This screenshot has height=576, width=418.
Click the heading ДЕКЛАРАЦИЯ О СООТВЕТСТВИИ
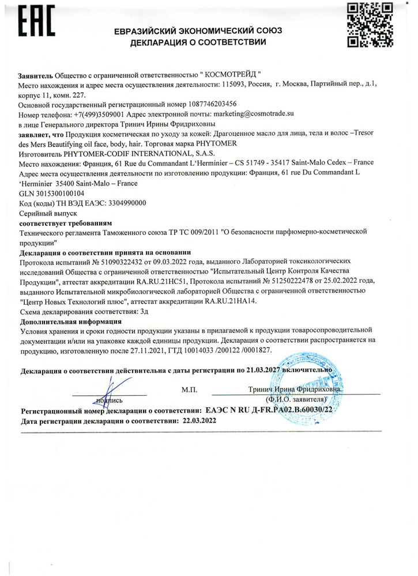coord(197,42)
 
